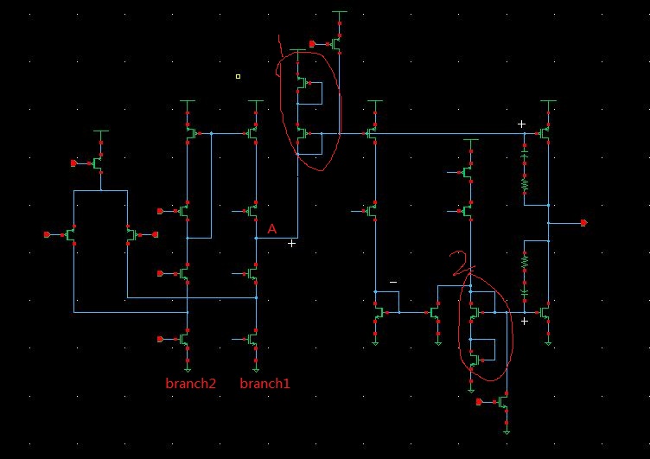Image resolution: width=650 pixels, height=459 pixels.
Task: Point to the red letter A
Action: tap(271, 229)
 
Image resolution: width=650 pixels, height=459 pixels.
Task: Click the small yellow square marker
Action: tap(238, 76)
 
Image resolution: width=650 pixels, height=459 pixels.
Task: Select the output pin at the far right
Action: tap(583, 223)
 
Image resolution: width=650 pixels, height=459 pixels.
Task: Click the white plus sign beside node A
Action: tap(292, 244)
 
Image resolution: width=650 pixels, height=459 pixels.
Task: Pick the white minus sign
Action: tap(393, 283)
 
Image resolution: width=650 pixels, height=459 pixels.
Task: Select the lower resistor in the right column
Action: tap(524, 259)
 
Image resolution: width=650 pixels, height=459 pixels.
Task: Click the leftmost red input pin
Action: tap(48, 233)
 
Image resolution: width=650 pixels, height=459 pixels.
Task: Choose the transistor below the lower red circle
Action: tap(504, 402)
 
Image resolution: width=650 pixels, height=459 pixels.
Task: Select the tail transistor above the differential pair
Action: tap(99, 162)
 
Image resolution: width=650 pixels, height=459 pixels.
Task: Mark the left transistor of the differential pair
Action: tap(73, 233)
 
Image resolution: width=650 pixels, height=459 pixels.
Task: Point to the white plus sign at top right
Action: tap(521, 124)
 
